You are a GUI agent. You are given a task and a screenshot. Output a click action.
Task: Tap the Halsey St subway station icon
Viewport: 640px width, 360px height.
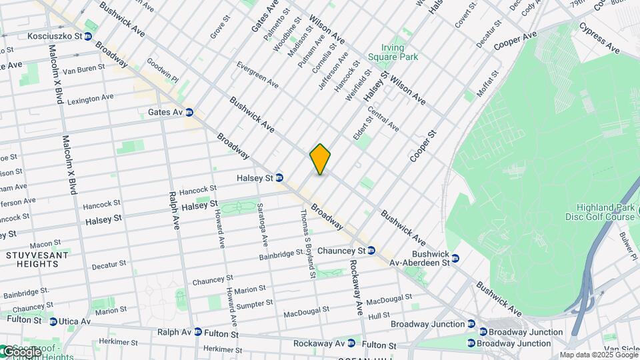279,178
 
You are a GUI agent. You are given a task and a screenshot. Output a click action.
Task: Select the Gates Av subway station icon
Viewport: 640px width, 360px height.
189,112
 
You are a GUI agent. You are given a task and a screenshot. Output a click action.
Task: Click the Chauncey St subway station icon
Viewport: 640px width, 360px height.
371,251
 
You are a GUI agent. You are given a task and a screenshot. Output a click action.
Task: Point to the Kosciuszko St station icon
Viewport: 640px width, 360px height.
87,36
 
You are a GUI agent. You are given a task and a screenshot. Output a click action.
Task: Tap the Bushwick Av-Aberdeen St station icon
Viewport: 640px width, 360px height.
455,258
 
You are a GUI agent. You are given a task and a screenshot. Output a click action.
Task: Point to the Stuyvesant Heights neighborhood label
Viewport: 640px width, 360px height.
31,259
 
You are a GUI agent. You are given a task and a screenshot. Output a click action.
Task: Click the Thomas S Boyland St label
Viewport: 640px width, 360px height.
307,243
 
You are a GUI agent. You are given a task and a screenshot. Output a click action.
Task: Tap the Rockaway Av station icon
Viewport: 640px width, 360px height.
351,343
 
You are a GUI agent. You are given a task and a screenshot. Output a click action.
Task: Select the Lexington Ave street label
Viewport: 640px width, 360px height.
90,99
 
